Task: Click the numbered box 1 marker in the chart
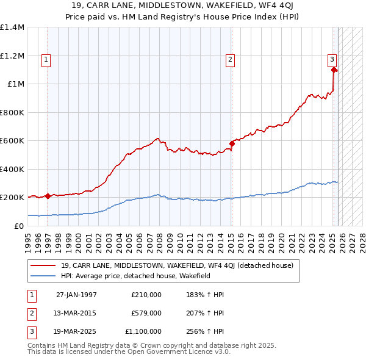pos(46,59)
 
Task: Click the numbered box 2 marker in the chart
pos(230,59)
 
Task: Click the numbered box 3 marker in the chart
pos(332,59)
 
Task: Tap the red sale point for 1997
pos(48,196)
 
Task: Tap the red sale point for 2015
pos(232,144)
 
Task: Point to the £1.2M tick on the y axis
pos(13,56)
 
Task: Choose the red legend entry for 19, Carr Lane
pos(177,265)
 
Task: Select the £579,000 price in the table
pos(146,313)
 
